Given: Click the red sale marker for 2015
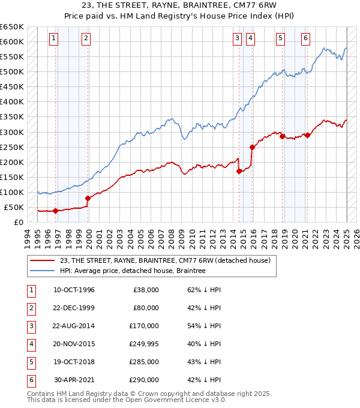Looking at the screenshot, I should pyautogui.click(x=252, y=147).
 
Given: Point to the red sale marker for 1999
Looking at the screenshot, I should pyautogui.click(x=88, y=198).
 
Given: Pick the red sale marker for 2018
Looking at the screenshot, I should pyautogui.click(x=282, y=136).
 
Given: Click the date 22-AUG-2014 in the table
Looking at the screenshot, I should pyautogui.click(x=74, y=326).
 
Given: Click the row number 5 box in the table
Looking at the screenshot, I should pyautogui.click(x=30, y=362).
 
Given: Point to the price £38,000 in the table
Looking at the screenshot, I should pyautogui.click(x=146, y=290).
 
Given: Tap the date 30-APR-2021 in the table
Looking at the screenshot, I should pyautogui.click(x=74, y=380).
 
